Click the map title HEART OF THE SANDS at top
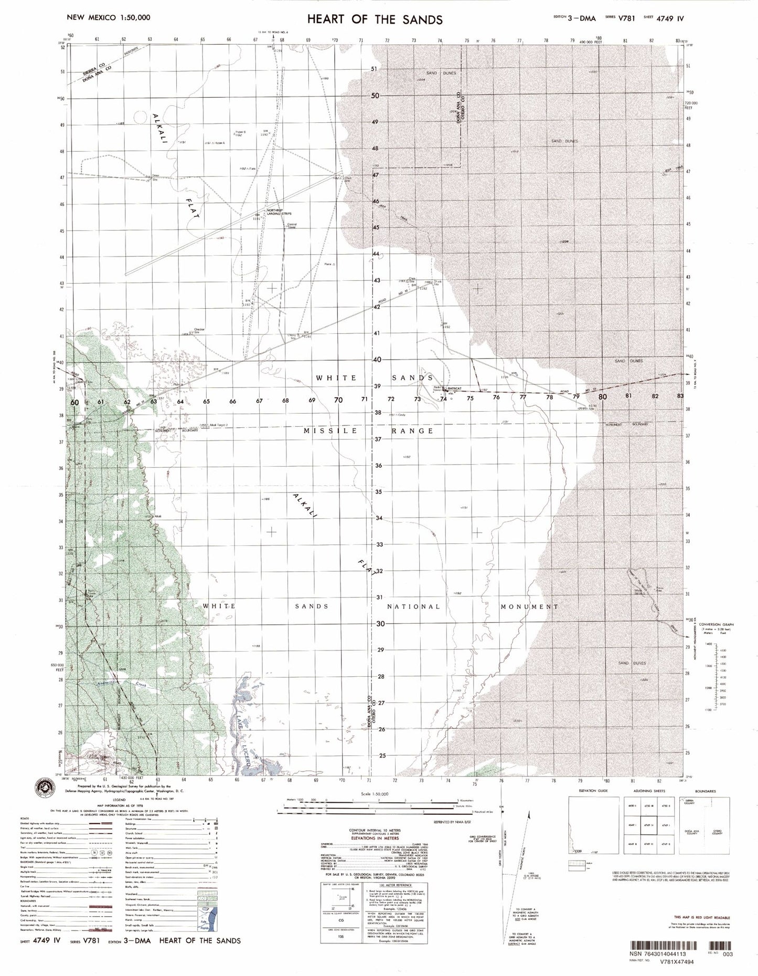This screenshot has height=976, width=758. [375, 20]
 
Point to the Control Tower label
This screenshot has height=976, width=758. [292, 226]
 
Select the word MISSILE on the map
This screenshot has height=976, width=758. [330, 431]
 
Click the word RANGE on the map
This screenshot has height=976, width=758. [412, 431]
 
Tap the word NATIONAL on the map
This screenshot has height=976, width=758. [413, 606]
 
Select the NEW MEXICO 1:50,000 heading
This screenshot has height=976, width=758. [108, 17]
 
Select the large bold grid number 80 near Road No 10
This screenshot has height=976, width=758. [602, 397]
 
